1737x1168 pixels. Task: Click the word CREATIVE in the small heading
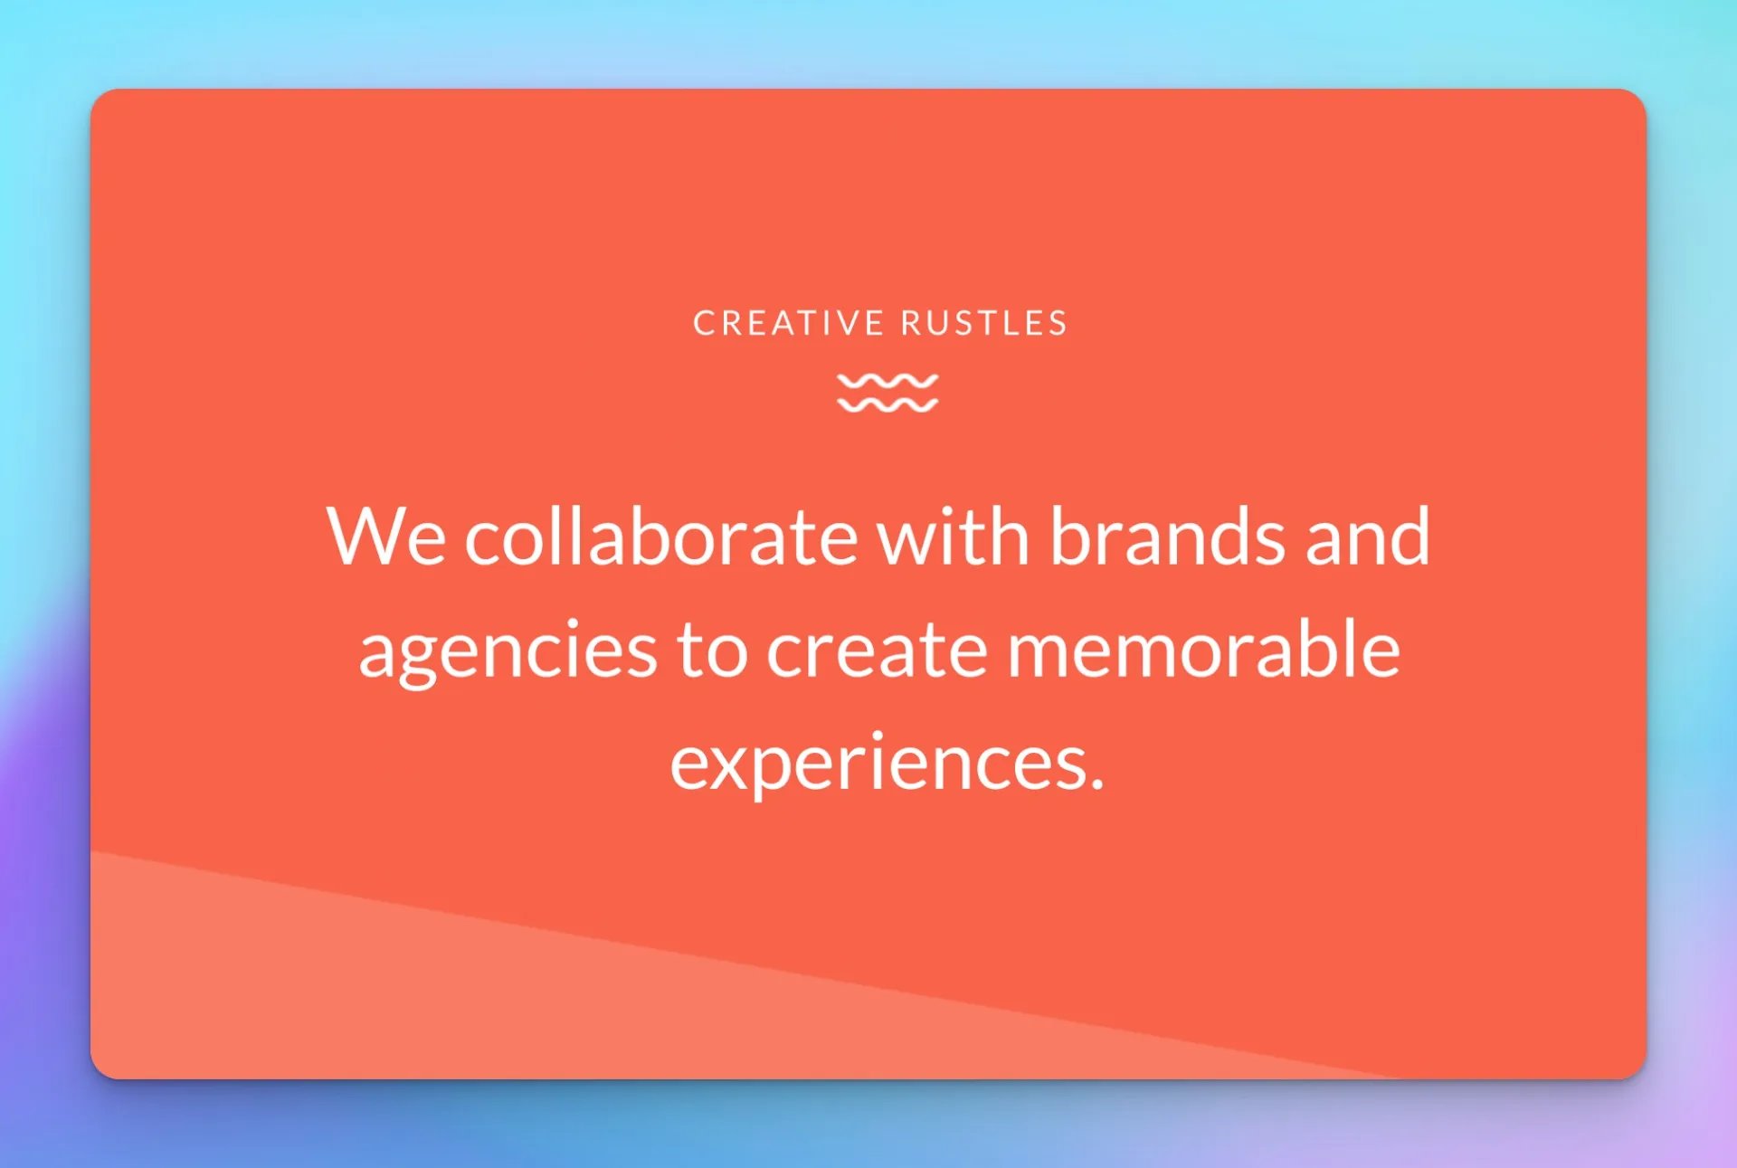coord(788,323)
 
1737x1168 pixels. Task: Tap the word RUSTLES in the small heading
coord(984,323)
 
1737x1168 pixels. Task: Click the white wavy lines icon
coord(887,393)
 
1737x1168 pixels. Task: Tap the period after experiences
coord(1096,783)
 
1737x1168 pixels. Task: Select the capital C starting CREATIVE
coord(704,323)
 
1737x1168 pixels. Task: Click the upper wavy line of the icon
coord(887,382)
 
